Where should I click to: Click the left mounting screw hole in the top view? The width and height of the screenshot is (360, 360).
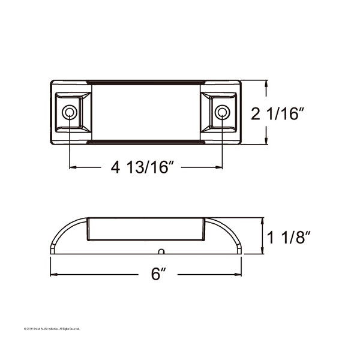click(x=70, y=113)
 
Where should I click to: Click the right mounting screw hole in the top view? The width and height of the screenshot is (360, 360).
click(x=221, y=113)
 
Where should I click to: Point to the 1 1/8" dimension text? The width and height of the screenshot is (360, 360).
click(x=290, y=238)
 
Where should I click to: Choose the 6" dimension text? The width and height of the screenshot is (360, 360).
click(x=158, y=274)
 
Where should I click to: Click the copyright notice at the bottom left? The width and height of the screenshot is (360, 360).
click(x=51, y=329)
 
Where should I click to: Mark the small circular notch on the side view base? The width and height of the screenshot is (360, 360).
click(x=160, y=251)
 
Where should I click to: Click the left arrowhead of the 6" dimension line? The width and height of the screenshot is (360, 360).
click(x=53, y=274)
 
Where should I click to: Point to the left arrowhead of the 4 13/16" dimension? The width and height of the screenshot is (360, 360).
click(x=73, y=167)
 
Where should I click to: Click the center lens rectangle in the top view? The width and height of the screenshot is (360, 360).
click(x=146, y=113)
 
